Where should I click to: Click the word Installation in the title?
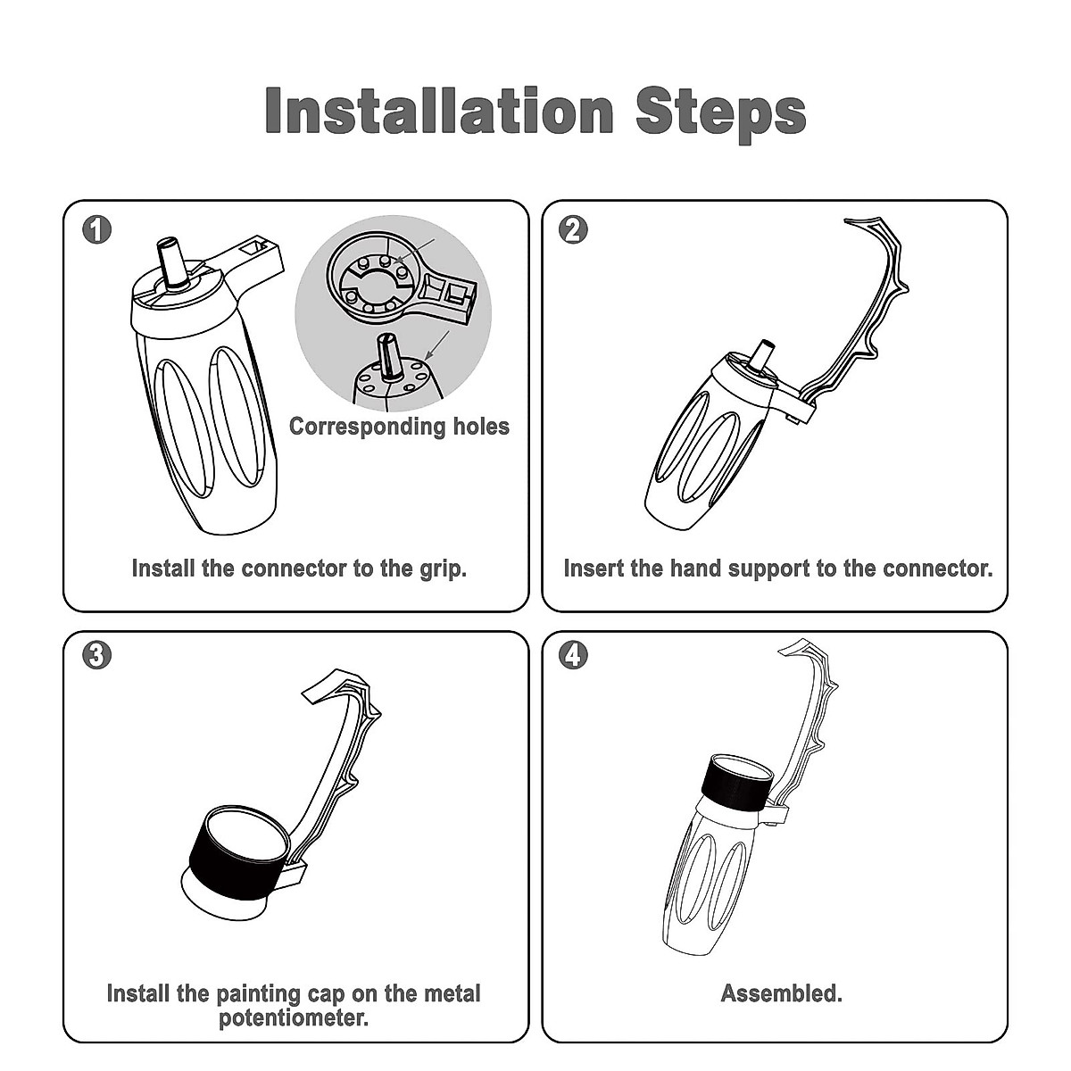pos(439,111)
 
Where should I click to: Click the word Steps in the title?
pos(721,114)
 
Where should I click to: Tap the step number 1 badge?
pos(96,229)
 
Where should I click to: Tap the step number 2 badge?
pos(573,229)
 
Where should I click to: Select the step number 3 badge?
pos(96,654)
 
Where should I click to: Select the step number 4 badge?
pos(573,654)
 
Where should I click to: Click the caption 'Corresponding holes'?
pos(399,427)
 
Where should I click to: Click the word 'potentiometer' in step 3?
pos(293,1017)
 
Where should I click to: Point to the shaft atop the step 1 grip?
pos(171,263)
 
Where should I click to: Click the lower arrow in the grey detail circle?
pos(436,345)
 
